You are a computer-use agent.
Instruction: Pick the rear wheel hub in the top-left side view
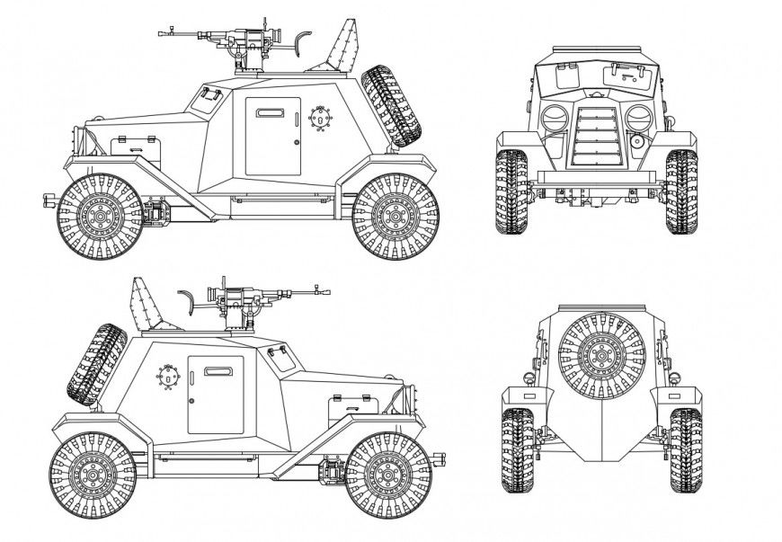click(x=395, y=216)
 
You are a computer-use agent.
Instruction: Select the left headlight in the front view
click(x=554, y=118)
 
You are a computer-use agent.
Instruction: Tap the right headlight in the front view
click(x=638, y=118)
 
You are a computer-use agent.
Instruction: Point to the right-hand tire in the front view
click(x=681, y=191)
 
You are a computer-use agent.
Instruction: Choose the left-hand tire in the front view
click(x=512, y=191)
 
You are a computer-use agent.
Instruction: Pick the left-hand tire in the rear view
click(x=517, y=449)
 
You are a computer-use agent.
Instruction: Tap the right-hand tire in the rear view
click(x=685, y=449)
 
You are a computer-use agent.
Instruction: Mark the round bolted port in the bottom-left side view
click(x=167, y=375)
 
